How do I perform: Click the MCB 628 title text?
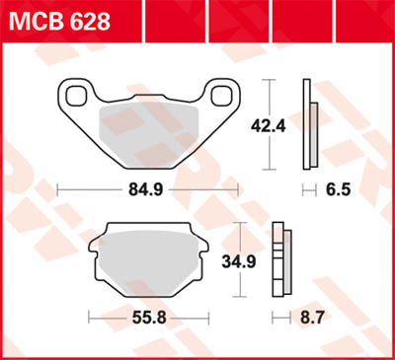[60, 21]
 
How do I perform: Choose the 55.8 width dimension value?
[146, 319]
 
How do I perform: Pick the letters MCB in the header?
[34, 21]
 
